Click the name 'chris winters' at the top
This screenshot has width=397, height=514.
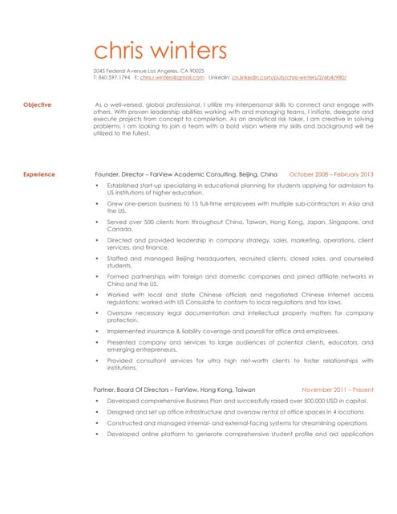[x=160, y=50]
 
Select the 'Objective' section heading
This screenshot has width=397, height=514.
[x=37, y=104]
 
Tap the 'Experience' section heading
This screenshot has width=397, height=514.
[x=39, y=173]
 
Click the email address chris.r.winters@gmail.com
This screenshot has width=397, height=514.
[x=172, y=78]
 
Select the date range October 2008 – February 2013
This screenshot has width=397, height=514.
[x=330, y=173]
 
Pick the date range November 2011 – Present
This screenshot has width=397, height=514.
[x=337, y=389]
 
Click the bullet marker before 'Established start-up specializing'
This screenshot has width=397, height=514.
[x=97, y=186]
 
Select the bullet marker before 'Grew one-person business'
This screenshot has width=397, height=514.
[x=97, y=204]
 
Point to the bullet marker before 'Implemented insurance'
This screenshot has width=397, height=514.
[x=97, y=331]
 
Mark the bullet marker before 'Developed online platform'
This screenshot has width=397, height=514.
[x=97, y=434]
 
